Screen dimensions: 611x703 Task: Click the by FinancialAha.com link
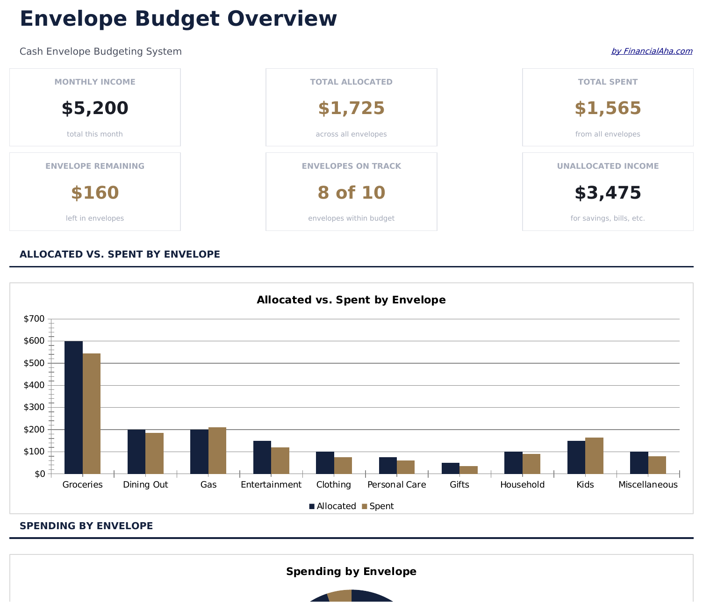[x=652, y=51]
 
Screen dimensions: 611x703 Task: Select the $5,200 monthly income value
[x=95, y=108]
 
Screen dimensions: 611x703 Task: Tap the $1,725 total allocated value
[x=351, y=108]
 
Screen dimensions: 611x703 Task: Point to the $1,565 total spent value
[x=608, y=108]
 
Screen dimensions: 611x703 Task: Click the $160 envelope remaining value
[x=95, y=193]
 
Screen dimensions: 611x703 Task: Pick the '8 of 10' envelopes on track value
[x=351, y=193]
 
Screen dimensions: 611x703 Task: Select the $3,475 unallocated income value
[x=608, y=193]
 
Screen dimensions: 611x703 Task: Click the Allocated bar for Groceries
[x=73, y=407]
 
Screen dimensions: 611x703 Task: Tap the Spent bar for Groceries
[x=92, y=414]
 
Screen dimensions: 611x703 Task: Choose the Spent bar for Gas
[x=217, y=450]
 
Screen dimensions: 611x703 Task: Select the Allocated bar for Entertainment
[x=262, y=457]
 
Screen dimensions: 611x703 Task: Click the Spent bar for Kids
[x=594, y=456]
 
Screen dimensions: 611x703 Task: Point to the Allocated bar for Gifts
[x=451, y=468]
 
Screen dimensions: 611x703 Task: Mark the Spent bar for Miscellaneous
[x=657, y=465]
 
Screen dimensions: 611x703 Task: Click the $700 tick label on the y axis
[x=34, y=319]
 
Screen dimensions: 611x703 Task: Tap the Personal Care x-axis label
[x=396, y=485]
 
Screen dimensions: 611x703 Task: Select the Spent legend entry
[x=378, y=506]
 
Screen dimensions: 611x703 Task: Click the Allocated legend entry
[x=332, y=506]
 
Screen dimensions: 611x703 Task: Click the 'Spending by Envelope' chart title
[x=351, y=571]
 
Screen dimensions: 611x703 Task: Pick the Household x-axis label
[x=522, y=485]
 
